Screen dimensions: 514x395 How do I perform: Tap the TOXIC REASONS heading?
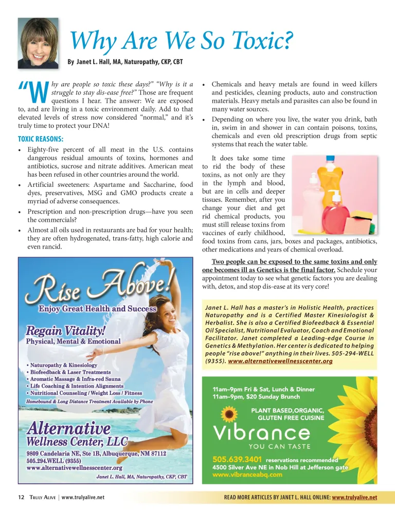pyautogui.click(x=41, y=139)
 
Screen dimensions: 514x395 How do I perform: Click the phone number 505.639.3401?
pyautogui.click(x=237, y=460)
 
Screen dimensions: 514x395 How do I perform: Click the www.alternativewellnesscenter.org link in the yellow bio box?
pyautogui.click(x=280, y=361)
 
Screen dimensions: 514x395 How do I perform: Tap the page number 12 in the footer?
pyautogui.click(x=21, y=498)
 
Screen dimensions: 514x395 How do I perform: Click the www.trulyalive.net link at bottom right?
pyautogui.click(x=355, y=498)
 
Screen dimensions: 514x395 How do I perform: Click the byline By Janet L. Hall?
pyautogui.click(x=125, y=62)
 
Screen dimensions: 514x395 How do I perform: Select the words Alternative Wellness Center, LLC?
pyautogui.click(x=77, y=434)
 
